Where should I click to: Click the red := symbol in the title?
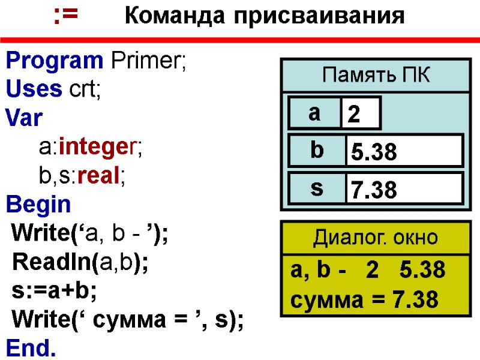click(x=65, y=17)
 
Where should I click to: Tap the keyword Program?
click(x=55, y=61)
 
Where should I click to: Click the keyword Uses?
click(x=34, y=89)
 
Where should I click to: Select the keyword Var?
click(x=24, y=118)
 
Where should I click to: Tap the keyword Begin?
click(x=38, y=205)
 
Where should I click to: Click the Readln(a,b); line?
click(x=80, y=262)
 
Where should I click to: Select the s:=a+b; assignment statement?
click(x=54, y=291)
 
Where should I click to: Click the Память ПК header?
click(x=376, y=76)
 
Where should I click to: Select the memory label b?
click(x=316, y=151)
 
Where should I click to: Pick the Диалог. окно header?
click(x=376, y=238)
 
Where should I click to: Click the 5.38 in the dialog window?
click(x=422, y=271)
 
